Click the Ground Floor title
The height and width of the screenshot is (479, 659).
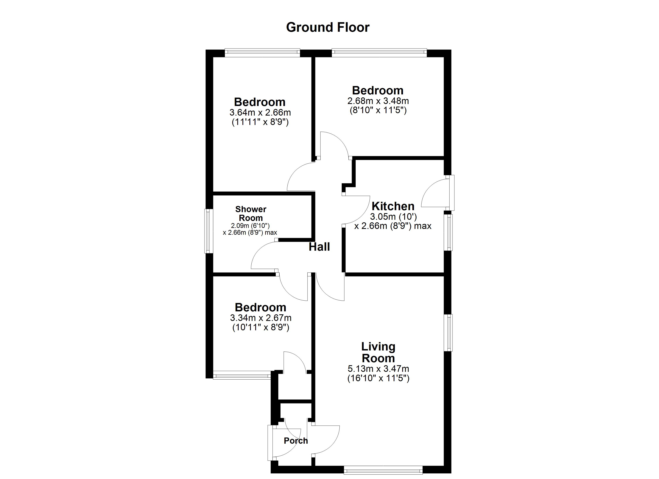click(328, 27)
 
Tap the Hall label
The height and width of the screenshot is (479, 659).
click(319, 247)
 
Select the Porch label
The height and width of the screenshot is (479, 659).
click(296, 441)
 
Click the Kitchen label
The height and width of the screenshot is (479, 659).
click(393, 206)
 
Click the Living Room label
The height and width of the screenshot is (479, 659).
click(378, 352)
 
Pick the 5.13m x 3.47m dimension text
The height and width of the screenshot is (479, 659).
click(378, 369)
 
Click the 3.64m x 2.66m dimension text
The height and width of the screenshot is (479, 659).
click(260, 112)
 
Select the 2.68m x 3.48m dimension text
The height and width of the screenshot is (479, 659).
click(378, 101)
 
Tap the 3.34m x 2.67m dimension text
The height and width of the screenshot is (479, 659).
click(260, 318)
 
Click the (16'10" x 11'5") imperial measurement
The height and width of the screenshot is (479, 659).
click(378, 378)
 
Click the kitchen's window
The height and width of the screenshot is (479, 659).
click(449, 232)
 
